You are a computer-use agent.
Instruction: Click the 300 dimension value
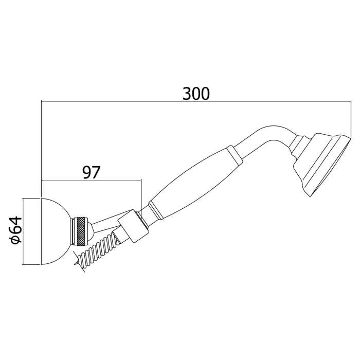point(196,94)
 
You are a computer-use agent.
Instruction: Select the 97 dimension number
point(91,172)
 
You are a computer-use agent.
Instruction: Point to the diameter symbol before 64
point(17,240)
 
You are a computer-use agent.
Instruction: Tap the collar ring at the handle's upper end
point(232,154)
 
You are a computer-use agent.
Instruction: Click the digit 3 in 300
point(187,94)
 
